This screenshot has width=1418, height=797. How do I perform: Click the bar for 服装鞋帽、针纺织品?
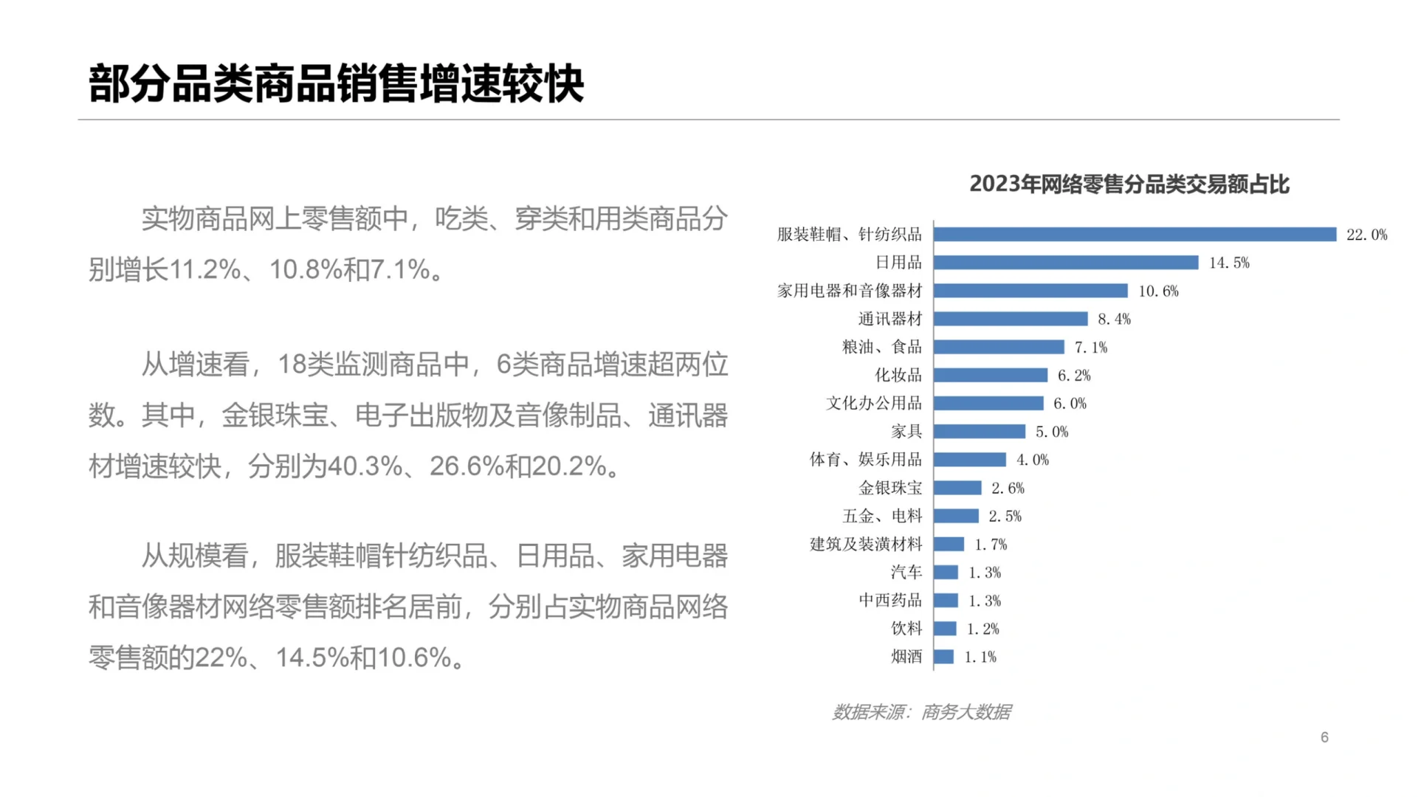pos(1135,235)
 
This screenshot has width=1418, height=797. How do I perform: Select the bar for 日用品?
pos(1066,263)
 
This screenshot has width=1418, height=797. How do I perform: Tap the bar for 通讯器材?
pos(1011,319)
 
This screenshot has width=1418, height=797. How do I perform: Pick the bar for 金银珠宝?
pos(957,488)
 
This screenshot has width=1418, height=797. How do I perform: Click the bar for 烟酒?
pos(943,657)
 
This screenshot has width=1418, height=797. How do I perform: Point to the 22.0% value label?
pos(1366,235)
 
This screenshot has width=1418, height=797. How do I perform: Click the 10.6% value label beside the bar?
pos(1158,291)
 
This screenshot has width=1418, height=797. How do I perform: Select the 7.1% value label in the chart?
pos(1090,347)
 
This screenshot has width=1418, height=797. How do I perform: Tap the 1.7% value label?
pos(990,545)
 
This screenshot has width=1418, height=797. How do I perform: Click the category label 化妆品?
pos(898,375)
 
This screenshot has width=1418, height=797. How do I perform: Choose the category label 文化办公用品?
pos(874,403)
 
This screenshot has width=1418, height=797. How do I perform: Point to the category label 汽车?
pos(906,572)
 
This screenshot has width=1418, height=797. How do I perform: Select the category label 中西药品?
pos(890,600)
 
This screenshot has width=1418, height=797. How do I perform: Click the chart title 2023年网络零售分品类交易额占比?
pos(1129,184)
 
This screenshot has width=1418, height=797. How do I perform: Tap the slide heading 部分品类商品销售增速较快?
pos(337,83)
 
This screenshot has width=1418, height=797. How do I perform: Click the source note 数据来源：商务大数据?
pos(921,712)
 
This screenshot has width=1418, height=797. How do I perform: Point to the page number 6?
pos(1324,737)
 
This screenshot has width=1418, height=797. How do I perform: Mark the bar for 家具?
pos(979,432)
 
